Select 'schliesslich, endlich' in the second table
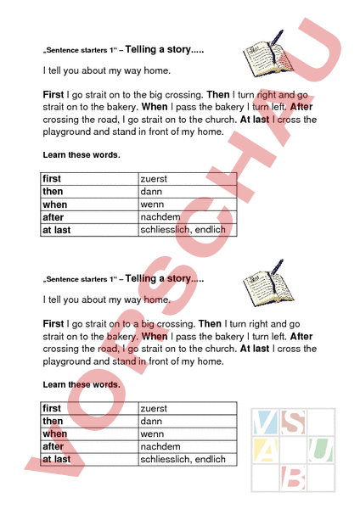[x=183, y=460]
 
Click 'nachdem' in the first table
[x=160, y=217]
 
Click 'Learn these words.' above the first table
[x=81, y=155]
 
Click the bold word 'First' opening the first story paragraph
[x=53, y=96]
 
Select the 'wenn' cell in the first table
[x=152, y=204]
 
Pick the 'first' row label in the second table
[x=52, y=409]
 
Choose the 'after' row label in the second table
[x=53, y=447]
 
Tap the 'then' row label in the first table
[x=53, y=192]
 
